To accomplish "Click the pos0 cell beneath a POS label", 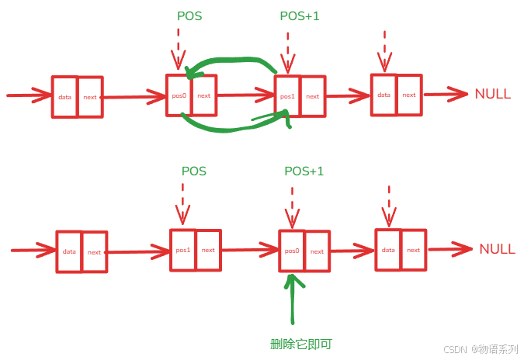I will [179, 95].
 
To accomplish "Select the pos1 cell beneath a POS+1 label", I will [287, 95].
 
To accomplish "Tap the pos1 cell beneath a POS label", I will [183, 250].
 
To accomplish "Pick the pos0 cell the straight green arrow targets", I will [292, 251].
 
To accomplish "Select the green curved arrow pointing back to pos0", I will [233, 61].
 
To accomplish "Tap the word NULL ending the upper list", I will [492, 94].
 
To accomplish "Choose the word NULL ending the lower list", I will [497, 249].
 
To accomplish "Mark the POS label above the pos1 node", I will [194, 171].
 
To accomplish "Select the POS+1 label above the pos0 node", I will [304, 171].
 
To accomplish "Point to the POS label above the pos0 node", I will [189, 16].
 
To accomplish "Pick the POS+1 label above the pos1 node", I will [299, 16].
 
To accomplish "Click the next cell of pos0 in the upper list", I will [203, 95].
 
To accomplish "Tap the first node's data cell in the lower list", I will [69, 251].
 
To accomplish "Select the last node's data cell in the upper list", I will [383, 95].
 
